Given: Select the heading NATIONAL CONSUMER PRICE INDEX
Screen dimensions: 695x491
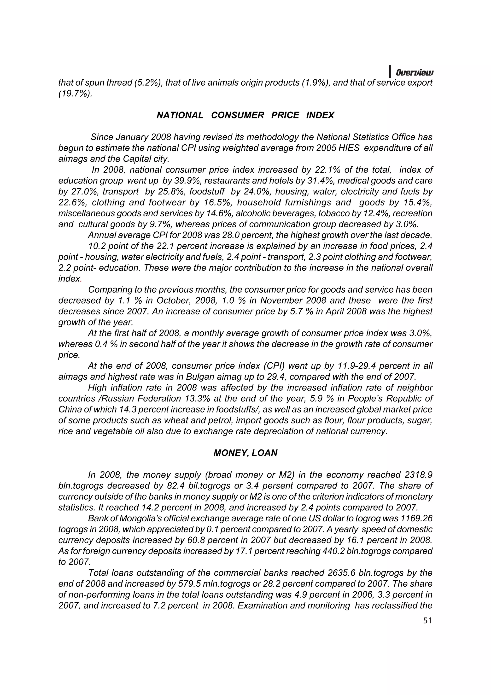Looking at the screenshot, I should [x=245, y=115].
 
